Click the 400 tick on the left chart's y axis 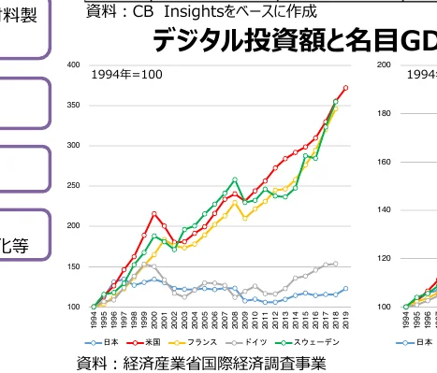(73, 65)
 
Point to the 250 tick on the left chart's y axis (73, 186)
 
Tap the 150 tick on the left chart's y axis (73, 266)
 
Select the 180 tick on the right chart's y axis (384, 114)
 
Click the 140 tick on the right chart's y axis (384, 210)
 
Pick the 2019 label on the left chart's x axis (346, 321)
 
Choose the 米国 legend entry (151, 343)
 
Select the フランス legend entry (200, 343)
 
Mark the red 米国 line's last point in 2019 (346, 88)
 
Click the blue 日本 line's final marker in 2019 (346, 289)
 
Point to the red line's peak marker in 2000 (154, 214)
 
